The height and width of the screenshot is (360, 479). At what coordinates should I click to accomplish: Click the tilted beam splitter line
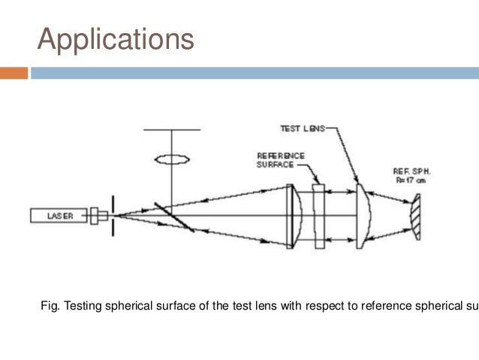point(174,216)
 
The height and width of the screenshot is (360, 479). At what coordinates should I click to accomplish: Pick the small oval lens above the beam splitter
point(171,159)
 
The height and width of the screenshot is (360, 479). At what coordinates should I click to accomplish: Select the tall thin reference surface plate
point(319,216)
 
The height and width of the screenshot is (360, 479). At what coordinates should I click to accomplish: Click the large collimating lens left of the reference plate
point(293,216)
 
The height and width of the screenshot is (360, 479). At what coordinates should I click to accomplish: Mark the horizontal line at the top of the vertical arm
point(171,130)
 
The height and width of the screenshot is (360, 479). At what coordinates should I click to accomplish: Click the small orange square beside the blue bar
point(14,73)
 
